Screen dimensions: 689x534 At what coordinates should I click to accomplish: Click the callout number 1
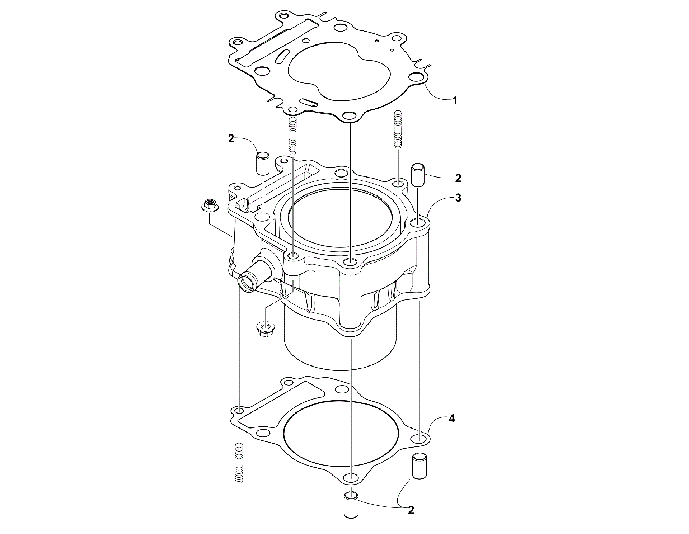coord(454,101)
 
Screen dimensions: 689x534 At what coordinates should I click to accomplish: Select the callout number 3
coord(458,198)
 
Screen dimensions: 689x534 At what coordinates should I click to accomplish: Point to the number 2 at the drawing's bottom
coord(411,510)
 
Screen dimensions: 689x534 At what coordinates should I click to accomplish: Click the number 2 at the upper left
coord(231,139)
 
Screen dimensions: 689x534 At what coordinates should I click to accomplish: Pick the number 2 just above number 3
coord(458,178)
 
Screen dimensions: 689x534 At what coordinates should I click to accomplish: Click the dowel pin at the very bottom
coord(351,504)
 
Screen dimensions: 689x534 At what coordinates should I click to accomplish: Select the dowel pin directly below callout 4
coord(420,466)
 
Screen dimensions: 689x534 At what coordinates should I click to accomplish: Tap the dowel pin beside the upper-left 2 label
coord(263,163)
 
